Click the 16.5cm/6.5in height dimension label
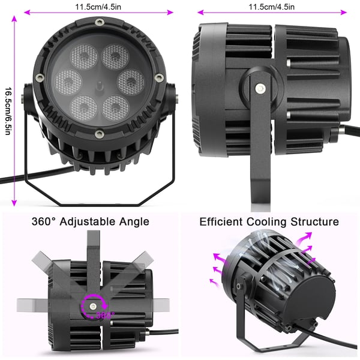[x=8, y=110]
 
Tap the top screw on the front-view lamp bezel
[x=99, y=23]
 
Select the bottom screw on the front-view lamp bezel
[x=99, y=133]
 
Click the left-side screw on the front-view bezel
[x=40, y=77]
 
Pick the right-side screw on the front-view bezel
[x=158, y=77]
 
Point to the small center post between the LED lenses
[x=99, y=86]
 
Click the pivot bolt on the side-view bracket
[x=260, y=88]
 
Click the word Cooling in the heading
[x=266, y=222]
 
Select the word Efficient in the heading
[x=221, y=222]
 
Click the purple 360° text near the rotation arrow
[x=106, y=315]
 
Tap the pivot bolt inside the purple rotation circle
[x=93, y=306]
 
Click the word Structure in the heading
[x=314, y=222]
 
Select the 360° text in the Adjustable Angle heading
[x=44, y=222]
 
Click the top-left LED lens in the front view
[x=83, y=56]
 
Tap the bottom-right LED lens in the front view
[x=115, y=108]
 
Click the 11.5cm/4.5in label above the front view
[x=98, y=7]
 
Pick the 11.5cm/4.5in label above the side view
[x=272, y=7]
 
